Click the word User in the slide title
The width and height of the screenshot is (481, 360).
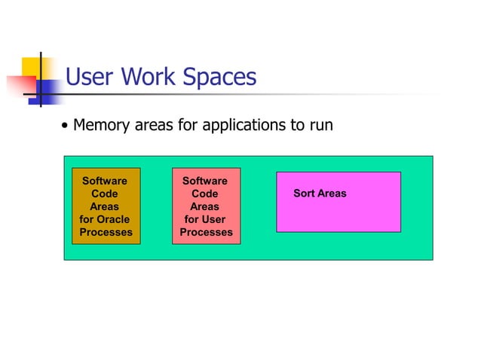pyautogui.click(x=91, y=77)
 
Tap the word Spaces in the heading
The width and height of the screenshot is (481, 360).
pyautogui.click(x=223, y=78)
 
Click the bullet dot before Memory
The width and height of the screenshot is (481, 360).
pyautogui.click(x=66, y=126)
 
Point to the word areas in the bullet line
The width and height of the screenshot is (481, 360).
pyautogui.click(x=155, y=125)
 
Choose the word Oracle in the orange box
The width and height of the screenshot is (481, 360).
pyautogui.click(x=113, y=219)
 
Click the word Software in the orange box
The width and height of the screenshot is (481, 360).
pyautogui.click(x=104, y=181)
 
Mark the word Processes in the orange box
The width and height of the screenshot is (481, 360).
pyautogui.click(x=106, y=232)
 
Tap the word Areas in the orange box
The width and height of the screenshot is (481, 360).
pyautogui.click(x=104, y=206)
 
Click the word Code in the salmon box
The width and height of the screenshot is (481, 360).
pyautogui.click(x=204, y=194)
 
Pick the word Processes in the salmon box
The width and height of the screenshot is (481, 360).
pyautogui.click(x=206, y=232)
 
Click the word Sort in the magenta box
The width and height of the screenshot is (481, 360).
pyautogui.click(x=304, y=194)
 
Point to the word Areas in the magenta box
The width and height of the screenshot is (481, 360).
pyautogui.click(x=332, y=194)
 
